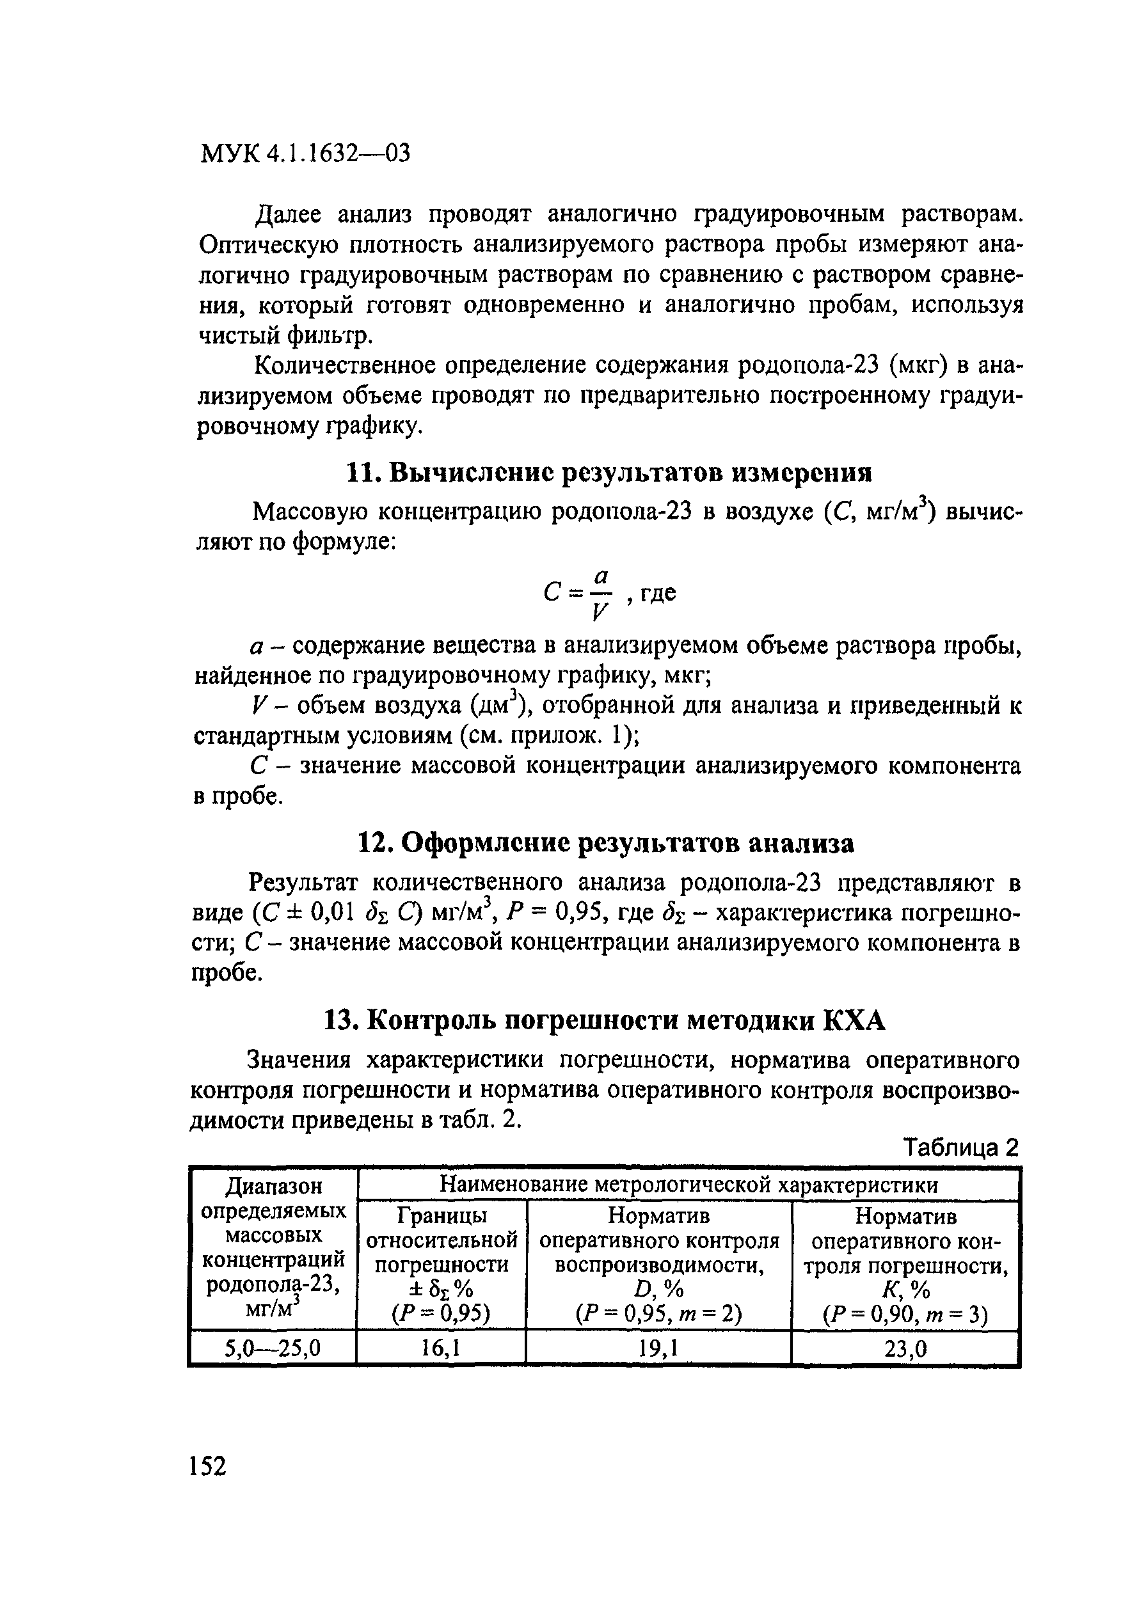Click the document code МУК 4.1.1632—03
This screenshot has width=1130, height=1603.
(305, 153)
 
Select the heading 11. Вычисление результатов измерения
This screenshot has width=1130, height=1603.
(609, 473)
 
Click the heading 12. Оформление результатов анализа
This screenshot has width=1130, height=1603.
(605, 844)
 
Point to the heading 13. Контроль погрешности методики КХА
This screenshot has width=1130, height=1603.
(605, 1021)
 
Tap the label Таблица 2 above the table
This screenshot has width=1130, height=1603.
(961, 1148)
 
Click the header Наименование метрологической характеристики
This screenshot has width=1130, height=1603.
(688, 1185)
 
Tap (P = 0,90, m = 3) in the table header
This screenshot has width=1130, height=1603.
(905, 1316)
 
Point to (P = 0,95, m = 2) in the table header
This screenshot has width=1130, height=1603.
(658, 1315)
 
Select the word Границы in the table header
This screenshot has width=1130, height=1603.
(442, 1215)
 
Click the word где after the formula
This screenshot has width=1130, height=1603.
(658, 594)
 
